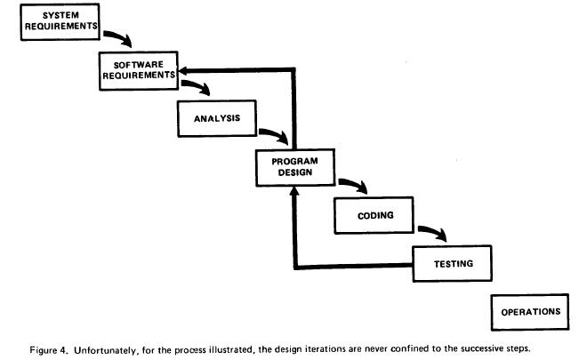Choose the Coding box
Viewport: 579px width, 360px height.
click(374, 215)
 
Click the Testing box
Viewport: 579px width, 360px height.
click(452, 264)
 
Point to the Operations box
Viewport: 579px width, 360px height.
click(530, 312)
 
